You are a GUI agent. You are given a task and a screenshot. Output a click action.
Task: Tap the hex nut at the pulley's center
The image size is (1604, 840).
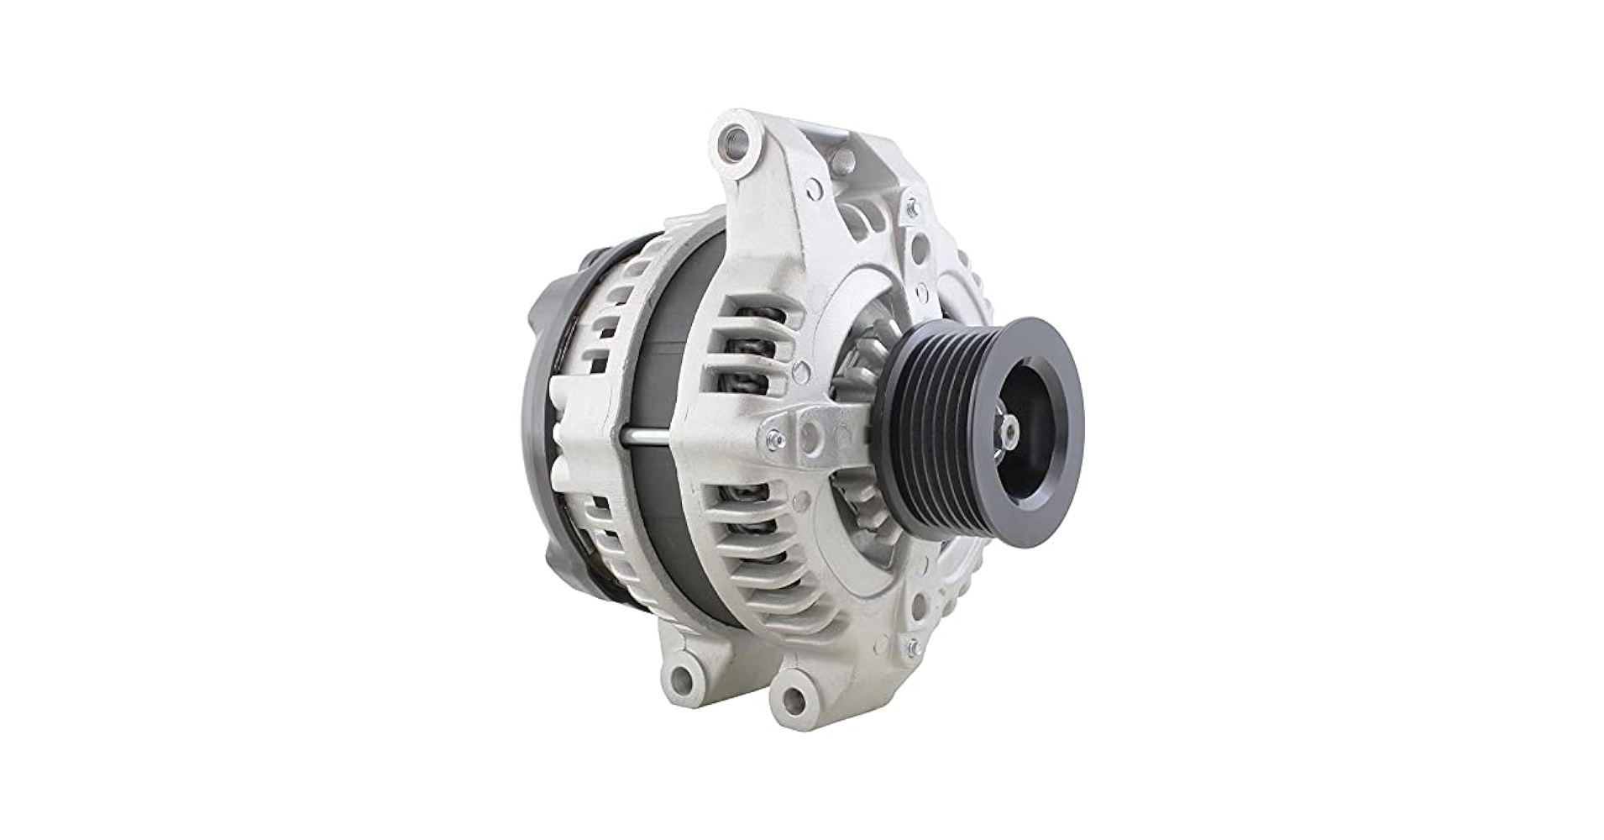(x=1009, y=432)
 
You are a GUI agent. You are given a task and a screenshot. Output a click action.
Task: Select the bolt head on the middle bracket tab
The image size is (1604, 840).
(x=774, y=438)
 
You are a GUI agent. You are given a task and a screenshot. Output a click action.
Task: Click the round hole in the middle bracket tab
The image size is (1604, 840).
(x=810, y=435)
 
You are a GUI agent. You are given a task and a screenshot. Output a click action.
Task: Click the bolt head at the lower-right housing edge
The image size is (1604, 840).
(x=913, y=646)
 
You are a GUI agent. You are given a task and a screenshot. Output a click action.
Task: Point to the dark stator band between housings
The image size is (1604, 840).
(x=663, y=336)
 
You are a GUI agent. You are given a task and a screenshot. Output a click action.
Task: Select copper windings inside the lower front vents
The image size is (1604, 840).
(x=747, y=521)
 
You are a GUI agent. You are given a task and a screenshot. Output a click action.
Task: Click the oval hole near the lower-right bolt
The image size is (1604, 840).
(x=920, y=601)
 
